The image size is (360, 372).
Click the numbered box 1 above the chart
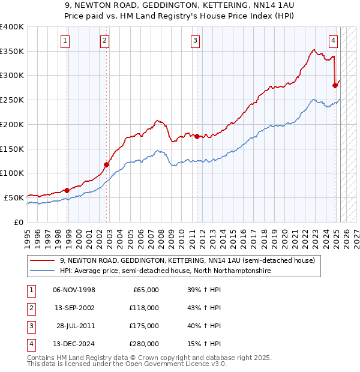(x=64, y=41)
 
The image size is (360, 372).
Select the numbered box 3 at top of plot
(x=196, y=41)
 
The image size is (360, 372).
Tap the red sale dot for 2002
(x=106, y=164)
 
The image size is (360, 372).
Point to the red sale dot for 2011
(x=197, y=136)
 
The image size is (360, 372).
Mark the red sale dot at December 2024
(x=335, y=85)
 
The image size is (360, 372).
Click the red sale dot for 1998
(x=67, y=190)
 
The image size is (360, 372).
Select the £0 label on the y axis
(x=19, y=222)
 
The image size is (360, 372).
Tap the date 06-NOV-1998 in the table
(x=74, y=290)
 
